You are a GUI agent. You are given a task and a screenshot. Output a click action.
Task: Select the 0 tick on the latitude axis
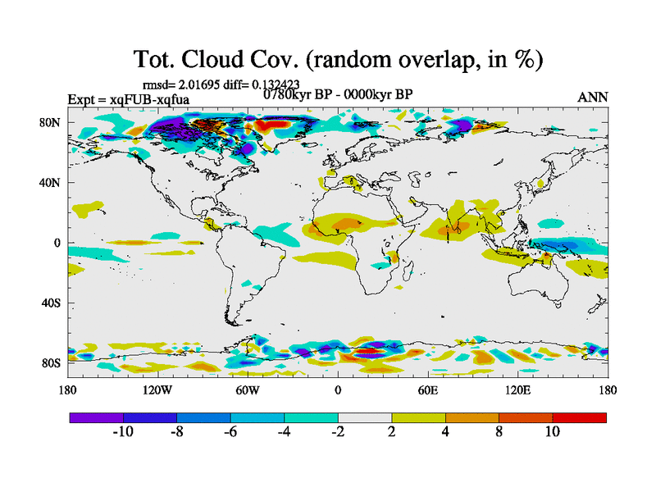click(x=58, y=244)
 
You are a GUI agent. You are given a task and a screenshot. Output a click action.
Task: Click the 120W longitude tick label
click(x=157, y=389)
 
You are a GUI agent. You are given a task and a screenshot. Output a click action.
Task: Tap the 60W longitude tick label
click(x=248, y=389)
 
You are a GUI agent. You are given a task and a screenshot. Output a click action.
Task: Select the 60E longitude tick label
click(x=427, y=389)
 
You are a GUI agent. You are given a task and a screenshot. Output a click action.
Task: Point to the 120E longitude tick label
click(x=517, y=389)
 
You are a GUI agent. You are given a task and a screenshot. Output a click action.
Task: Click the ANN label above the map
click(x=593, y=97)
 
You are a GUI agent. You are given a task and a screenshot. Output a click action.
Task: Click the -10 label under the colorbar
click(x=122, y=432)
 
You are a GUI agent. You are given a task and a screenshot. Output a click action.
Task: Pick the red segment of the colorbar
click(x=579, y=417)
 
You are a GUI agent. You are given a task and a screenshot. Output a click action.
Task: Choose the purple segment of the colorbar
click(x=96, y=417)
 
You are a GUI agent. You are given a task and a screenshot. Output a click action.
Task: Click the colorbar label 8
click(x=499, y=432)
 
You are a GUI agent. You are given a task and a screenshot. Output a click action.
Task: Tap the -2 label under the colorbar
click(x=337, y=432)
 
